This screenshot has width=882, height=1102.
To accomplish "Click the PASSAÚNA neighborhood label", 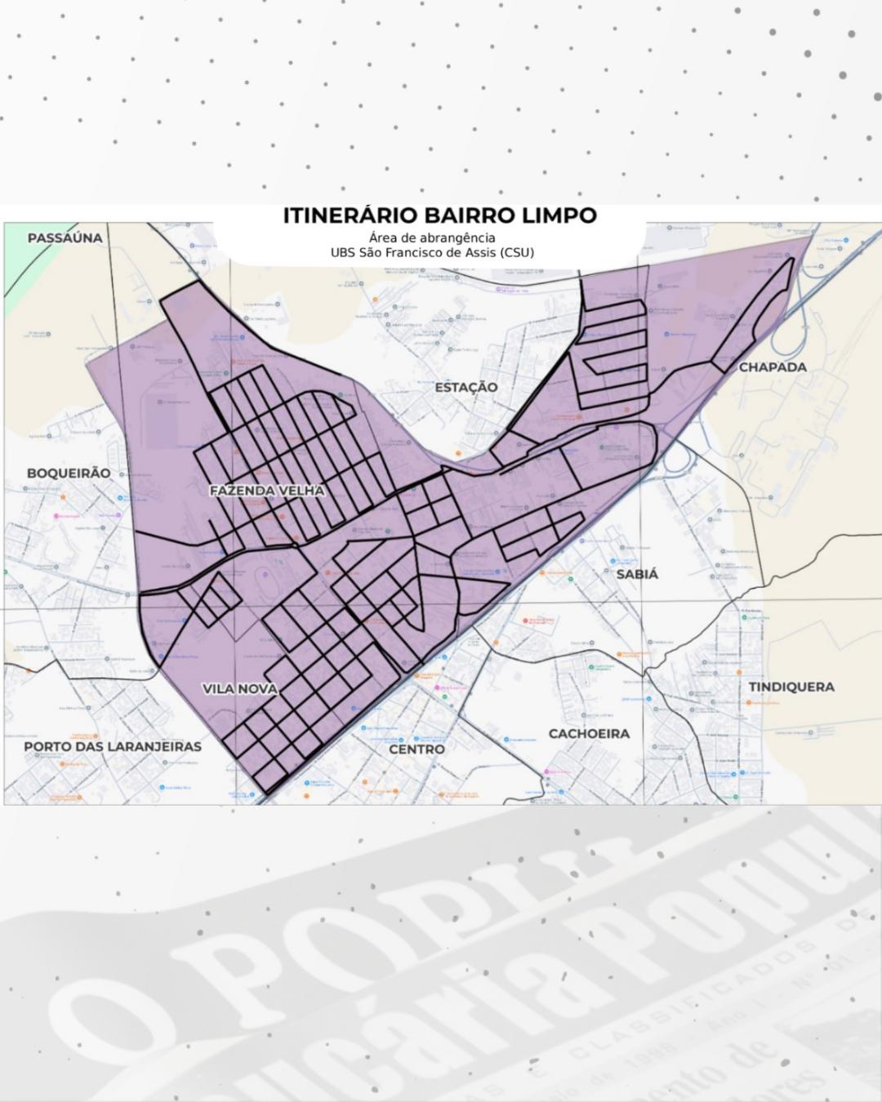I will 65,238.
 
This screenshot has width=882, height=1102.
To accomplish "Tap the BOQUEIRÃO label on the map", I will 69,473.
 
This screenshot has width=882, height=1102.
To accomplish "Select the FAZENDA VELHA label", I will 267,491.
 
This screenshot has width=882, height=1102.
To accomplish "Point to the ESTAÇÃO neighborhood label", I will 465,387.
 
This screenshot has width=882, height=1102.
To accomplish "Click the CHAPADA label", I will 773,367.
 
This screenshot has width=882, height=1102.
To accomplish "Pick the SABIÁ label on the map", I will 637,574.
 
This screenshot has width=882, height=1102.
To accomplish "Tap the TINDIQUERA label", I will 791,687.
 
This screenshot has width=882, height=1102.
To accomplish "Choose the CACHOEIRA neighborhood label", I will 589,734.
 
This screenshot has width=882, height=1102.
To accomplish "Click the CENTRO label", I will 416,749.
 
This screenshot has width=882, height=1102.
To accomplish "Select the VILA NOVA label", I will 240,689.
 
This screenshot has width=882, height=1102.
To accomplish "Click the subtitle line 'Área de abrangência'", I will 432,238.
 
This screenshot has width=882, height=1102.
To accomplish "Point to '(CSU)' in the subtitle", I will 518,252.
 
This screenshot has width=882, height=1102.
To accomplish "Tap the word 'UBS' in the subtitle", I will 342,252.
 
